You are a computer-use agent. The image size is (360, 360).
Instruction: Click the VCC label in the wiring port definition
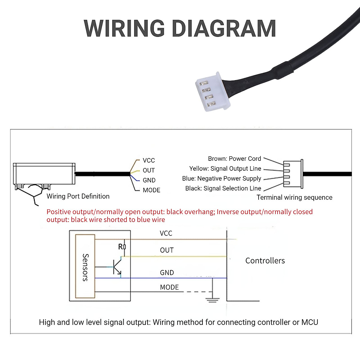pos(149,160)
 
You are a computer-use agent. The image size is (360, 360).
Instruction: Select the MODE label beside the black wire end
pos(151,190)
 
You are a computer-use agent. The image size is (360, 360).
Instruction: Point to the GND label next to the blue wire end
pos(149,180)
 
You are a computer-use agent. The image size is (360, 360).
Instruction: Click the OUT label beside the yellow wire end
pos(149,170)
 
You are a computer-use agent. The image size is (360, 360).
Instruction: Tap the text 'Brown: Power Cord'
pos(234,159)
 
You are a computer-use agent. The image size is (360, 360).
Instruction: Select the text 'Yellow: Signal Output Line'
pos(225,169)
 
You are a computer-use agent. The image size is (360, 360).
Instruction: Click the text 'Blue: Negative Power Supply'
pos(221,178)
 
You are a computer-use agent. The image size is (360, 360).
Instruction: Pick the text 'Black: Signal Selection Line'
pos(223,188)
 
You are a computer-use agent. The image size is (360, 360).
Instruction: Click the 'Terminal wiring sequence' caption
pos(294,197)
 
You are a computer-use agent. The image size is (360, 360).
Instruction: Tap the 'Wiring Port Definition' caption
pos(78,196)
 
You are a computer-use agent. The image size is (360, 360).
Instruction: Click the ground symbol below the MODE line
pos(212,299)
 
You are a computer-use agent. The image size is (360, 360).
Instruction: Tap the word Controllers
pos(265,261)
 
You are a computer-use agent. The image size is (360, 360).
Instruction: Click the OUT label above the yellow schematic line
pos(167,250)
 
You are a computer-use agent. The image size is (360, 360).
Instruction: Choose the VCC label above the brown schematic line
pos(166,233)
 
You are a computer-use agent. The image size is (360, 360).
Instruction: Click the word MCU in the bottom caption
pos(310,322)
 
